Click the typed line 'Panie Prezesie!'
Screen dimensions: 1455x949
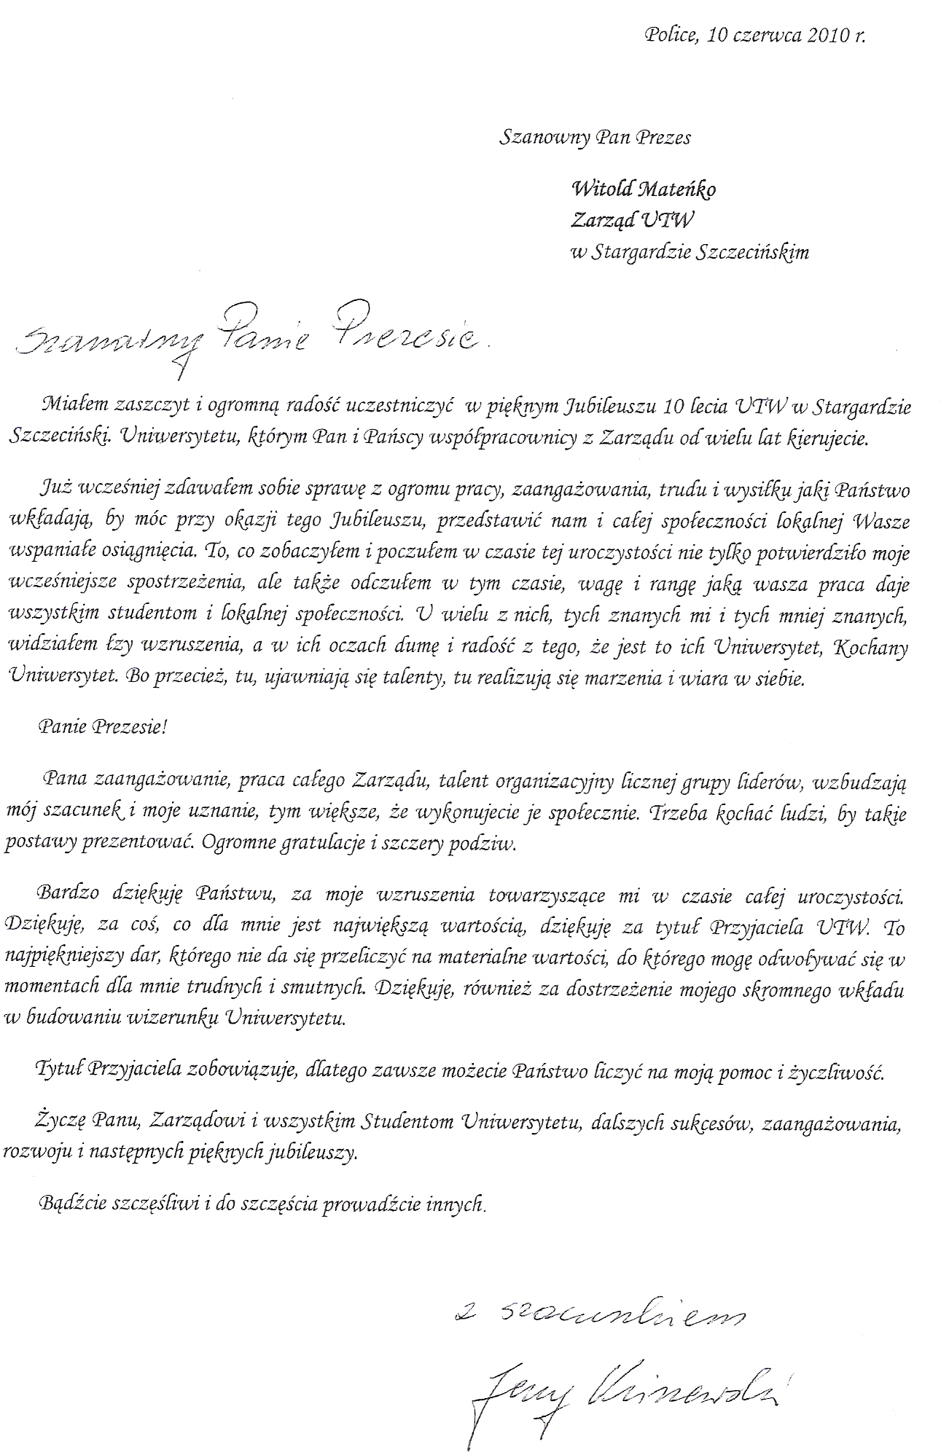[x=104, y=727]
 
